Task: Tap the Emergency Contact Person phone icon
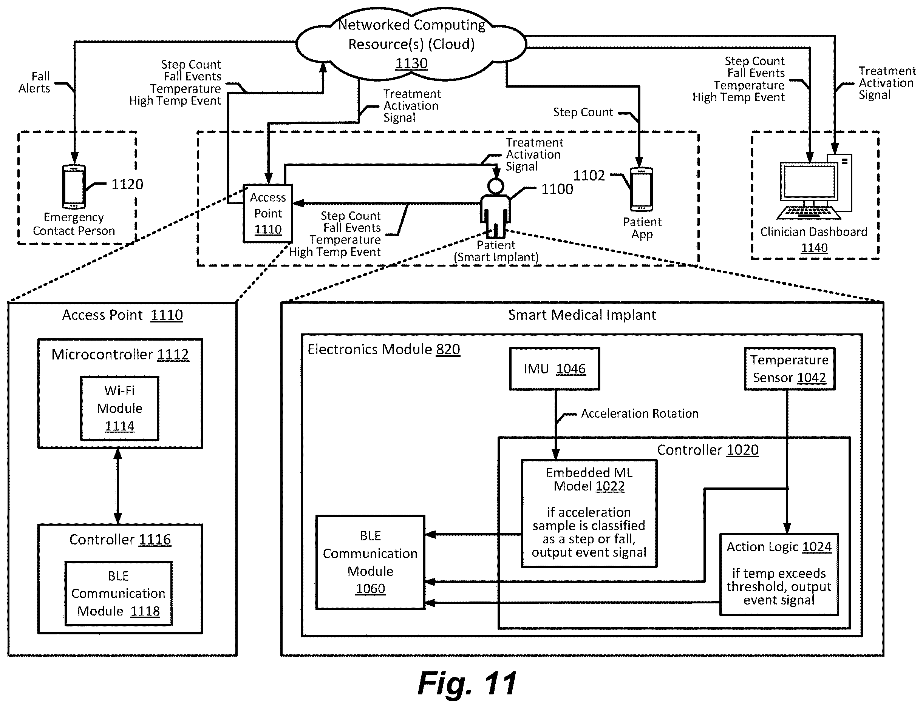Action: tap(74, 187)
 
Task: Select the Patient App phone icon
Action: tap(641, 190)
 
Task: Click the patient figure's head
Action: tap(495, 186)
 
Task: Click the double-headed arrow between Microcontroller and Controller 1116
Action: tap(118, 486)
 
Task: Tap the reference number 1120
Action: tap(127, 184)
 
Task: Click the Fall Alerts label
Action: tap(35, 82)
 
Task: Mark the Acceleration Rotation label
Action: tap(639, 413)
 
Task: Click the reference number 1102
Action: tap(589, 175)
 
